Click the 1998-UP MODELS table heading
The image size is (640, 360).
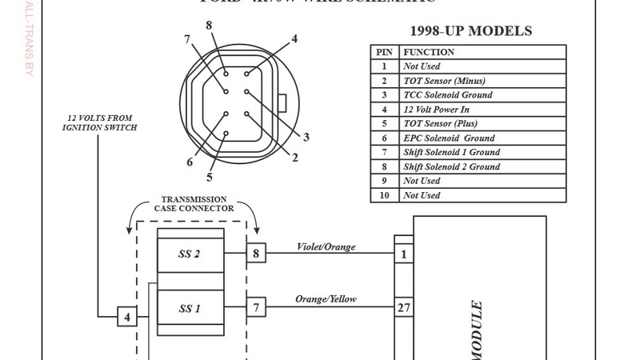470,32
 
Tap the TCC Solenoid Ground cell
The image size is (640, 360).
447,95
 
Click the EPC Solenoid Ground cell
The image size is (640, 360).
449,138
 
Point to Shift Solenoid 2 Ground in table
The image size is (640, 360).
451,167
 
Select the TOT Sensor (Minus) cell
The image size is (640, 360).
444,81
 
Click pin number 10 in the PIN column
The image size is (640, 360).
383,195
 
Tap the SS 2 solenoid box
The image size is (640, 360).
190,254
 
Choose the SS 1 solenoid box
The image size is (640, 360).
190,307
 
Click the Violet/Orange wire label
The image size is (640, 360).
326,246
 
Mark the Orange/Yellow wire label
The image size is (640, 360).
326,299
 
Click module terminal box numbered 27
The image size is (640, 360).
404,306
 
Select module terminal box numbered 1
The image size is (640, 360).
404,254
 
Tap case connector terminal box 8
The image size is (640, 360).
256,254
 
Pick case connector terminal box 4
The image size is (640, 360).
127,318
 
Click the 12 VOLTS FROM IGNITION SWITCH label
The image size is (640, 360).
101,123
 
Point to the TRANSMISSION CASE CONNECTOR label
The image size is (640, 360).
194,204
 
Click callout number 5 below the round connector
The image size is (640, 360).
210,178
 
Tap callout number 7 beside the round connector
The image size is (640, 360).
186,39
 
